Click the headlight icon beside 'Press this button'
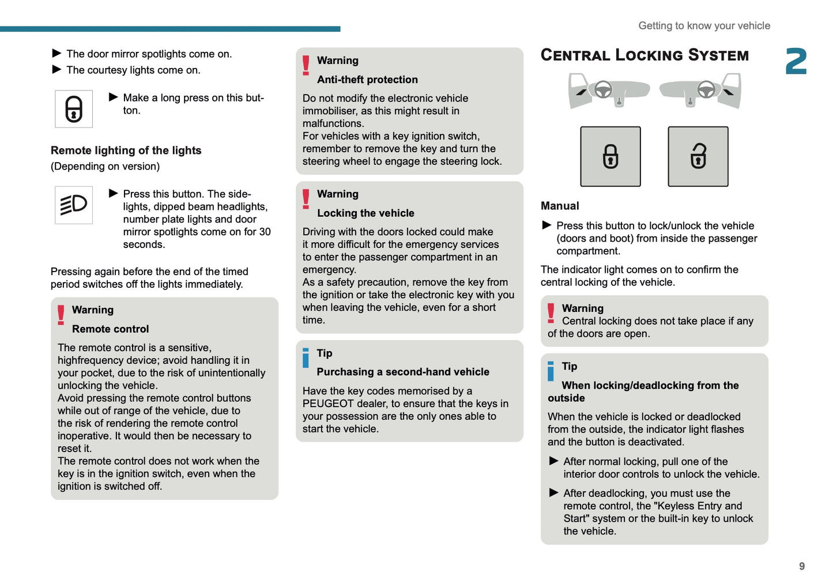click(74, 205)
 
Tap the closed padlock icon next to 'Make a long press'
click(74, 109)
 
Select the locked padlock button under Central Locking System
click(610, 156)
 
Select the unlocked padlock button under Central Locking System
click(698, 156)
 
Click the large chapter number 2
click(796, 61)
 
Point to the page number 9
click(802, 566)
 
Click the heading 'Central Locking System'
click(644, 55)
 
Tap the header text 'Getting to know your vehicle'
click(704, 26)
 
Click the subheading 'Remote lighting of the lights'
click(126, 150)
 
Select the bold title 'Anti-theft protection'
click(367, 80)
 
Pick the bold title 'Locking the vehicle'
click(365, 213)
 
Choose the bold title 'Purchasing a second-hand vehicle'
click(403, 372)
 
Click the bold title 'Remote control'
click(110, 329)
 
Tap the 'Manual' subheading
click(560, 206)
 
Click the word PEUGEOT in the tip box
click(328, 404)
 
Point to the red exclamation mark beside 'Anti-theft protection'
click(306, 66)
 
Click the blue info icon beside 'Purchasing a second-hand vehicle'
click(306, 358)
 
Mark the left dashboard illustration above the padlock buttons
click(609, 91)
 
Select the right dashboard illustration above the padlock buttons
click(700, 91)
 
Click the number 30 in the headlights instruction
click(265, 232)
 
